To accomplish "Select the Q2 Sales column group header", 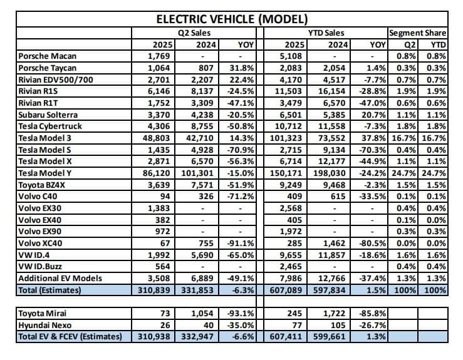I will (x=194, y=33).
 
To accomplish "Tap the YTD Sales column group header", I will (x=326, y=33).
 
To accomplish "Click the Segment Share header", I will (x=417, y=33).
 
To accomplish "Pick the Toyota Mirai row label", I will (x=43, y=313).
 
